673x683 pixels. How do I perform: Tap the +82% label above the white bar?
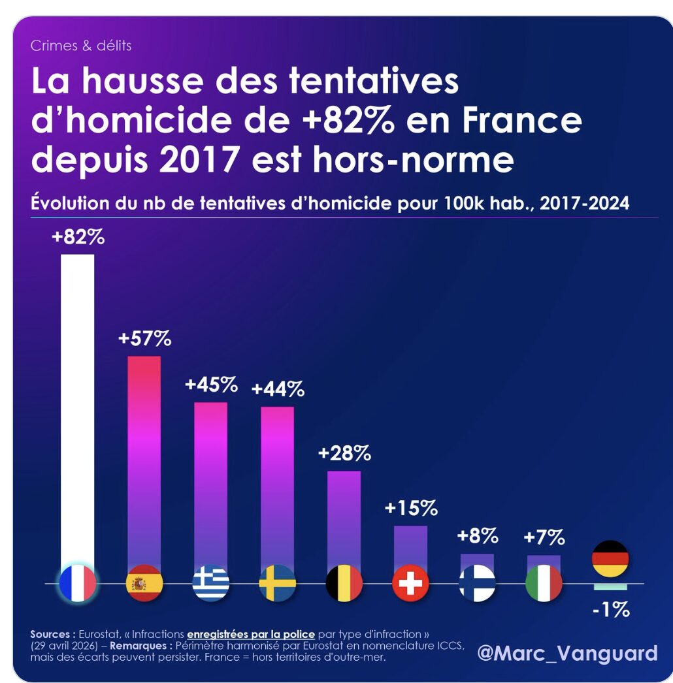[x=78, y=237]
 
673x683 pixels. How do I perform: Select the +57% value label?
[x=144, y=339]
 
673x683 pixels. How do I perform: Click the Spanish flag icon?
[x=144, y=583]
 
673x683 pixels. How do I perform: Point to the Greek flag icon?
[x=211, y=583]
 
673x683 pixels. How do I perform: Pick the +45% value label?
[x=211, y=385]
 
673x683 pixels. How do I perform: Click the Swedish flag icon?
[x=278, y=583]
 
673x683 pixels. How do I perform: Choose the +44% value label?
[x=278, y=390]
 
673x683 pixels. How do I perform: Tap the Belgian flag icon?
[x=344, y=583]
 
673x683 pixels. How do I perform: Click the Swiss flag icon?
[x=411, y=583]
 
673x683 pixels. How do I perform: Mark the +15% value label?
[x=411, y=509]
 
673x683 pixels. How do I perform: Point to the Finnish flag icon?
[x=477, y=583]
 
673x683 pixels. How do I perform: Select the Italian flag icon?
[x=544, y=583]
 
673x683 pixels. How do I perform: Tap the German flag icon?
[x=610, y=559]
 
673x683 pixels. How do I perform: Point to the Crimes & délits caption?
[x=81, y=46]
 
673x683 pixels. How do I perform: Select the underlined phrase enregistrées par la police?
[x=251, y=634]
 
